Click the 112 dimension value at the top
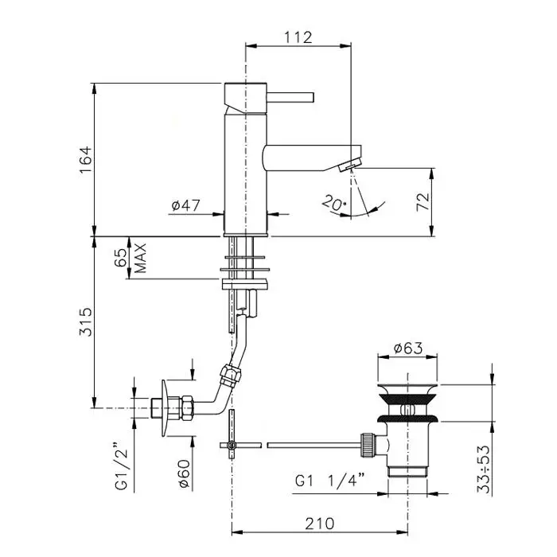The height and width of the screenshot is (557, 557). click(x=298, y=37)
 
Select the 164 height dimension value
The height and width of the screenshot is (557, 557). click(x=86, y=159)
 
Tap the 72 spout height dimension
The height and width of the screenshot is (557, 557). click(x=423, y=202)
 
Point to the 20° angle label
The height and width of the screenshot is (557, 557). click(x=333, y=204)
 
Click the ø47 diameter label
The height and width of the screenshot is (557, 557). click(x=186, y=205)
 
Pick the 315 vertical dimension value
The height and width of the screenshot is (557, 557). click(x=86, y=321)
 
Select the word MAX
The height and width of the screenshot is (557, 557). click(x=141, y=258)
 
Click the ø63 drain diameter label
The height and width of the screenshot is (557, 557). click(x=408, y=349)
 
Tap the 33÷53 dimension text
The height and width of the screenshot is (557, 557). click(x=484, y=469)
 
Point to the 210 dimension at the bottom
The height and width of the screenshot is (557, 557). click(x=320, y=524)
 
